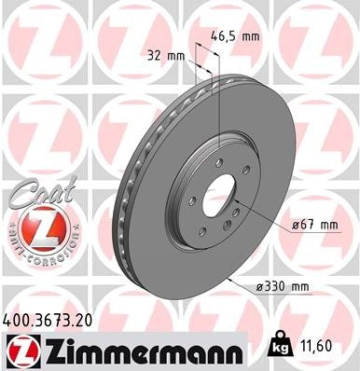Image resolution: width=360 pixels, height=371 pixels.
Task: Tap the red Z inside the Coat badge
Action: click(x=35, y=227)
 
